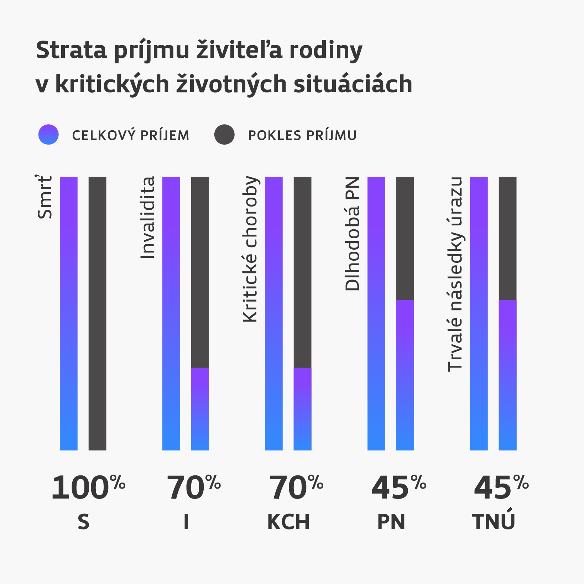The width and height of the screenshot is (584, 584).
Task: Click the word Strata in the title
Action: click(71, 50)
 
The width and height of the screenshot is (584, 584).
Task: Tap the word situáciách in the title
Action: click(353, 84)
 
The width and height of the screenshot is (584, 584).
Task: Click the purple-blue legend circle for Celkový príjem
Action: click(48, 135)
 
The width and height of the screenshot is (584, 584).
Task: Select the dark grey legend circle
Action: click(224, 135)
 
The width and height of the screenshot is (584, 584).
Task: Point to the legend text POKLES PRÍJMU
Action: click(302, 136)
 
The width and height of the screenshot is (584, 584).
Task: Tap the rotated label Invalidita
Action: click(148, 217)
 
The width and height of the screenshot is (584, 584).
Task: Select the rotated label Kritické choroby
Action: click(250, 249)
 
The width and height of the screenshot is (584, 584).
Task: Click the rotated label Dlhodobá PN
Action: click(353, 234)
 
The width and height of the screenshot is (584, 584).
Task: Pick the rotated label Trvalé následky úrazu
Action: click(455, 274)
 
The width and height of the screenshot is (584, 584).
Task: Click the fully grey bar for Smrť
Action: click(97, 313)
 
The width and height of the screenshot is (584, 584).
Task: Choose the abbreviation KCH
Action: click(288, 522)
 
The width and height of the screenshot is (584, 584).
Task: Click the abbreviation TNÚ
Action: click(494, 521)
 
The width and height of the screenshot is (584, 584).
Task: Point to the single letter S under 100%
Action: click(83, 522)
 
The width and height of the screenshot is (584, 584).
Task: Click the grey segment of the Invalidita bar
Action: click(200, 272)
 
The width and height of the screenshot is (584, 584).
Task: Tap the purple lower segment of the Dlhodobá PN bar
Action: click(405, 375)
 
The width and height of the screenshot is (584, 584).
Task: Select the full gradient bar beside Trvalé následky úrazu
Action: click(479, 313)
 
